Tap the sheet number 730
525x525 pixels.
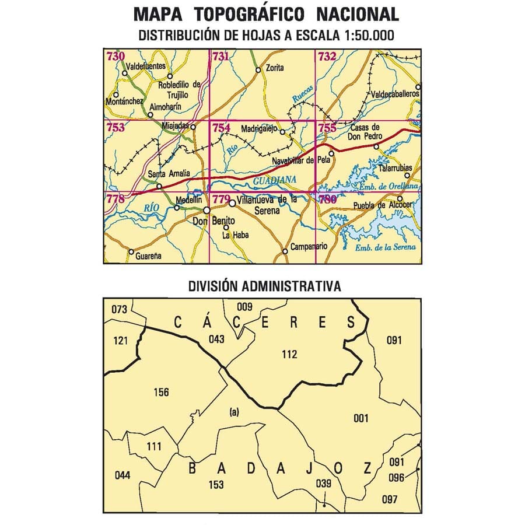[116, 57]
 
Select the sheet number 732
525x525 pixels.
[327, 57]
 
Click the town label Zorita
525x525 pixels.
[274, 68]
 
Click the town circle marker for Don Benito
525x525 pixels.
[206, 211]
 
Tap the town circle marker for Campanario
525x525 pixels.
[285, 252]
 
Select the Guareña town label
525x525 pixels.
[148, 256]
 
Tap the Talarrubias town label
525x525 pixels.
[395, 167]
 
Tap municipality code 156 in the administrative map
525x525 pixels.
[161, 392]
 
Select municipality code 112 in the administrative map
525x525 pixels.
[289, 354]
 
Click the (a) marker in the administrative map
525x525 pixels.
[234, 412]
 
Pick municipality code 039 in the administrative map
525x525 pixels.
[323, 482]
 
